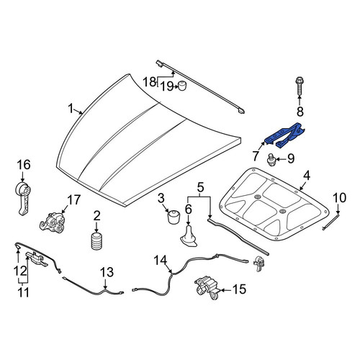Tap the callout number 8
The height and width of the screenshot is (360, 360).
[300, 112]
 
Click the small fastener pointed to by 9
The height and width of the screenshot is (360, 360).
[271, 160]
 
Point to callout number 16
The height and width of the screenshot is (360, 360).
[24, 165]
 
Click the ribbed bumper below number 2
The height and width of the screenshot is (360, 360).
[96, 241]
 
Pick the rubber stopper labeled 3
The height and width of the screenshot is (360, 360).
[174, 217]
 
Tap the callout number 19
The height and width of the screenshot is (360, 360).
[166, 86]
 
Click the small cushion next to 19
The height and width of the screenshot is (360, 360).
[183, 86]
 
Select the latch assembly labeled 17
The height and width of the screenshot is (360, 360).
[53, 222]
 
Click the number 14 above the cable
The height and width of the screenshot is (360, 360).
[160, 261]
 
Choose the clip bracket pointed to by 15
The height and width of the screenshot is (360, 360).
[207, 288]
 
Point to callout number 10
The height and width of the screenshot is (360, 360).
[340, 198]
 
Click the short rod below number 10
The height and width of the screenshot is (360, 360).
[330, 222]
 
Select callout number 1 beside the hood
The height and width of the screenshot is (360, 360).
[71, 109]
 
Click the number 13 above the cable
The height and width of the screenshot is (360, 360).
[107, 272]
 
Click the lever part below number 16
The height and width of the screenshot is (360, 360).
[23, 198]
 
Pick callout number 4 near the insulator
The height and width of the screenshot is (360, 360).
[306, 176]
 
